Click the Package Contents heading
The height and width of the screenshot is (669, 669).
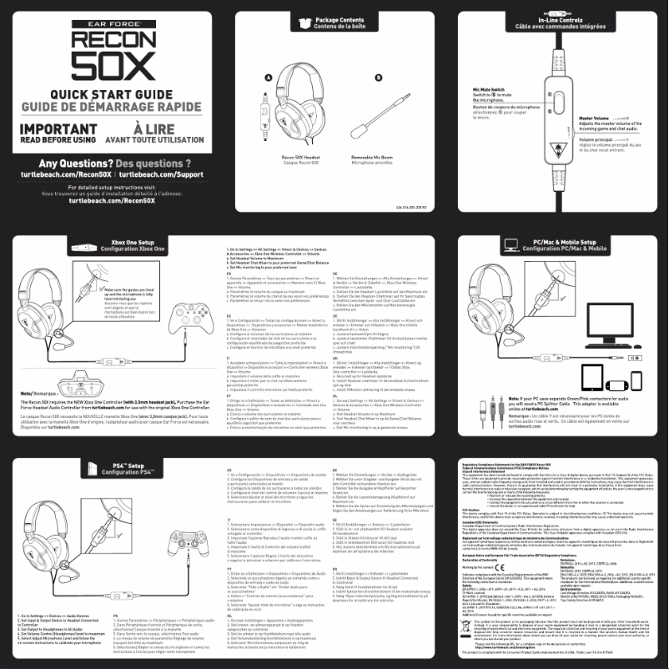[339, 21]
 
